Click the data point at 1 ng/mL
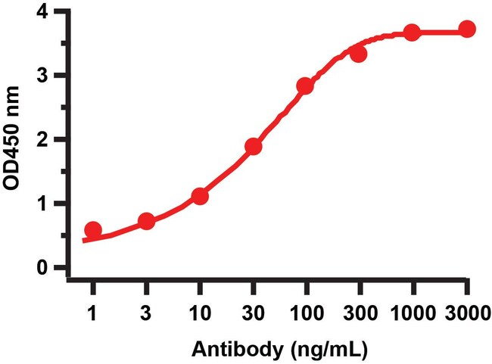coord(93,230)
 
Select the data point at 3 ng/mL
coord(147,221)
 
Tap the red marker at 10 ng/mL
coord(200,196)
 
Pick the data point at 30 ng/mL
coord(254,146)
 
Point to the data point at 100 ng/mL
coord(306,86)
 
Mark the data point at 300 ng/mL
coord(359,54)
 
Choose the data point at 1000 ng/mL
coord(413,33)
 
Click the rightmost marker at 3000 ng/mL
coord(467,29)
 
